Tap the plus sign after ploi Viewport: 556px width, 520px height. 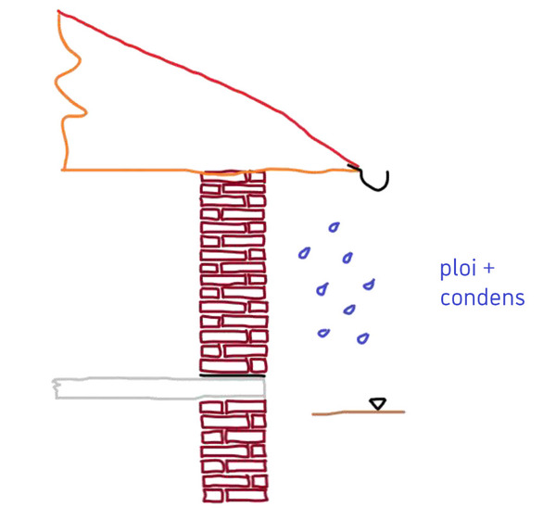(x=488, y=270)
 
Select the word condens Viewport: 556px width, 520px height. (x=482, y=298)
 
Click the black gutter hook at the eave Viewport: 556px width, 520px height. (x=374, y=179)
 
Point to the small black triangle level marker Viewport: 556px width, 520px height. (x=376, y=403)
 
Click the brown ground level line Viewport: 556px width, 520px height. (x=357, y=412)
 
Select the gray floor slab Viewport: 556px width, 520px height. (x=158, y=387)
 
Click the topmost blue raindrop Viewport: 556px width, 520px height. (x=332, y=226)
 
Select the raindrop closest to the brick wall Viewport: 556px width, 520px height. (x=303, y=251)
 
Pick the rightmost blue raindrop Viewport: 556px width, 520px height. (x=370, y=284)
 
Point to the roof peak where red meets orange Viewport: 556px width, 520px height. (x=59, y=12)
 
